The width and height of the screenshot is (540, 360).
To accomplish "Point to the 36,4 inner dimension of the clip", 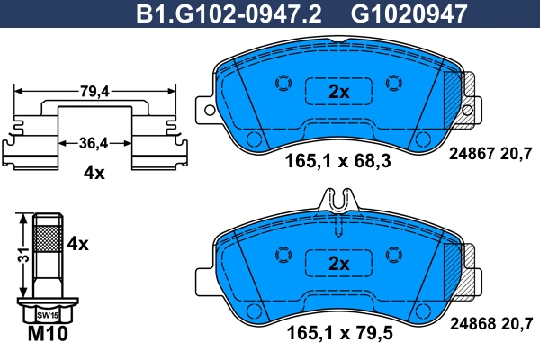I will [x=94, y=142].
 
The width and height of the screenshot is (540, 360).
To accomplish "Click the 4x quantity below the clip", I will [x=94, y=172].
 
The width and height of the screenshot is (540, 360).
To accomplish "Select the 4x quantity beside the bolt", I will [x=78, y=243].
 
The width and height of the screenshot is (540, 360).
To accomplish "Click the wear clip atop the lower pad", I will [x=339, y=202].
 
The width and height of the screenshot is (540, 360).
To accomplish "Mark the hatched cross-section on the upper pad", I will [x=465, y=90].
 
